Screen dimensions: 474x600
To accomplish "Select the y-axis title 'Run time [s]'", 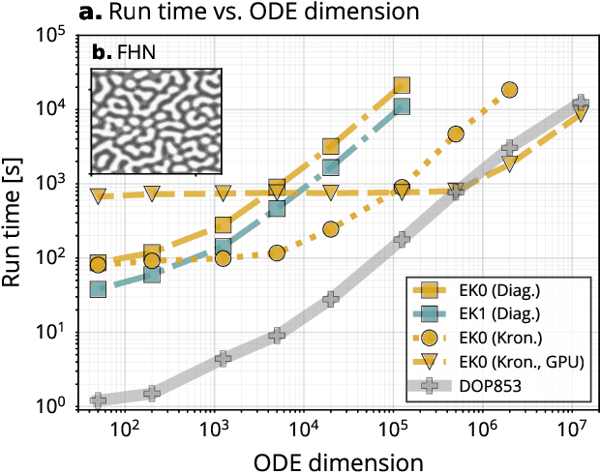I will tap(17, 222).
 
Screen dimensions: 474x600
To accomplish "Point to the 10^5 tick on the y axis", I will tap(54, 36).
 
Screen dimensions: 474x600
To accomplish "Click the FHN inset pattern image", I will tap(156, 121).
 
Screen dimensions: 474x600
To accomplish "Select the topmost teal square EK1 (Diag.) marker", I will tap(403, 106).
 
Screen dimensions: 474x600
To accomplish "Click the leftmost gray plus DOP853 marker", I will tap(98, 400).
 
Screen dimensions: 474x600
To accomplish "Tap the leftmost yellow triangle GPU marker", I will tap(98, 196).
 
